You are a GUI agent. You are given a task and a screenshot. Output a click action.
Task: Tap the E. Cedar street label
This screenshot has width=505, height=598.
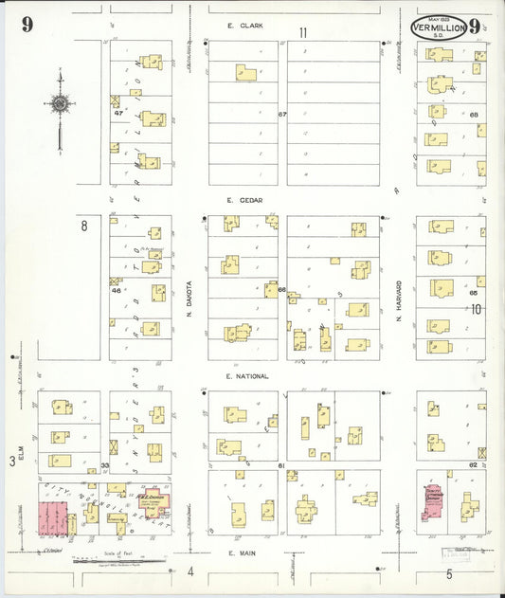[x=243, y=200]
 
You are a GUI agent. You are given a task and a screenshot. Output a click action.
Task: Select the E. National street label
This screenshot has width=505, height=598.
[x=247, y=376]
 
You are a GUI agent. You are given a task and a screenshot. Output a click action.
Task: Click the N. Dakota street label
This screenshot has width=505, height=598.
[x=189, y=294]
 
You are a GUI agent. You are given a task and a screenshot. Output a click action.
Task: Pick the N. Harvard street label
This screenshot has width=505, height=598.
[x=400, y=296]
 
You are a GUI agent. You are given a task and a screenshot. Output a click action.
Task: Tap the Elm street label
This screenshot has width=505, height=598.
[x=13, y=440]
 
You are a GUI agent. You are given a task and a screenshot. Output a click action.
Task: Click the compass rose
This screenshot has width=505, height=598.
[x=60, y=104]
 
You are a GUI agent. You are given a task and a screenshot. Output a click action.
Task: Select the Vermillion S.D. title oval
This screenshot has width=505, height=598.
[x=439, y=27]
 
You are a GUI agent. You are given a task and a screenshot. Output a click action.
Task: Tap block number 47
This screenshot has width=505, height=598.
[x=118, y=114]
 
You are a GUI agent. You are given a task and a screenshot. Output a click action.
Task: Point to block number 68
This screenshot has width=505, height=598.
[x=474, y=115]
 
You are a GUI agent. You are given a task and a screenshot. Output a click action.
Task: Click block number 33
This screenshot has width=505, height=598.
[x=105, y=465]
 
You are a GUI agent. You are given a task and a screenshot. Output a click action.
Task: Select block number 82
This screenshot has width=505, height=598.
[x=473, y=465]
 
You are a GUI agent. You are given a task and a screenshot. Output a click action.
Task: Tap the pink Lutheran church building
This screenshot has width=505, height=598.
[x=436, y=499]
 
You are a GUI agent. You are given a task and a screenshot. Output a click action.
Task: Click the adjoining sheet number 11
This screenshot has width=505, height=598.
[x=303, y=33]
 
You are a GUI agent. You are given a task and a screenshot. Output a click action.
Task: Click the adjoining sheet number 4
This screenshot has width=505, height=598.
[x=189, y=571]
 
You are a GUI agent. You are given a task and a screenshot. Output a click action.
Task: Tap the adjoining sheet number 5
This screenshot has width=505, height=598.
[x=450, y=573]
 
